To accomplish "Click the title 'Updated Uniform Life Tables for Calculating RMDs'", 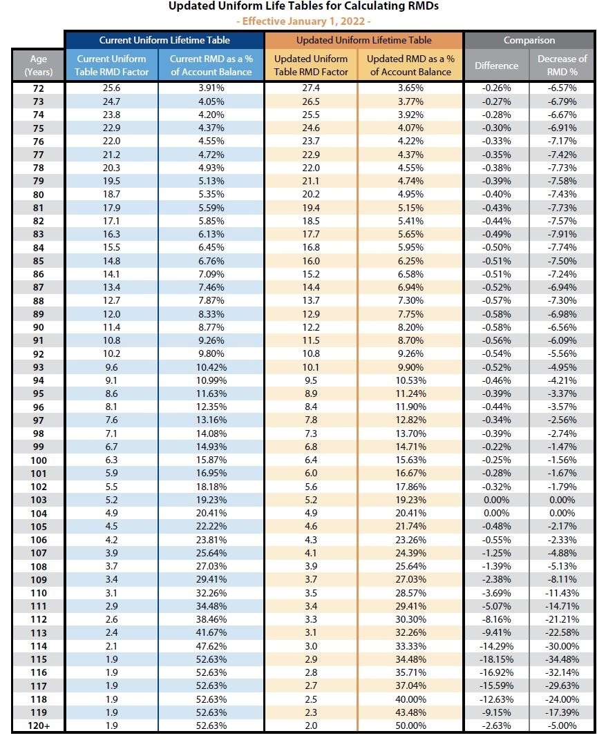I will pyautogui.click(x=303, y=6).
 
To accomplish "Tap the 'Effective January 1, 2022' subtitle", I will pyautogui.click(x=303, y=21).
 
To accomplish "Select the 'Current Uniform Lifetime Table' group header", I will pyautogui.click(x=164, y=40).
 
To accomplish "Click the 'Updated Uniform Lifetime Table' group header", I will pyautogui.click(x=363, y=40).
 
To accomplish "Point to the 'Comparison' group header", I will pyautogui.click(x=529, y=40).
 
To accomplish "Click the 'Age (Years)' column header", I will pyautogui.click(x=39, y=66).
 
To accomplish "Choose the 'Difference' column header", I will pyautogui.click(x=496, y=66).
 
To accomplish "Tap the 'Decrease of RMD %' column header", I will pyautogui.click(x=562, y=66).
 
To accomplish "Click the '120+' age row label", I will pyautogui.click(x=39, y=726).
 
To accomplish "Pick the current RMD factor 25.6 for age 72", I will pyautogui.click(x=112, y=88).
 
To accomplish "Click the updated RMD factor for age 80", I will pyautogui.click(x=311, y=195).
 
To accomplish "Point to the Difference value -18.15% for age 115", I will pyautogui.click(x=496, y=659).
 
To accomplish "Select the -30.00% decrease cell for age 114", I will pyautogui.click(x=562, y=646).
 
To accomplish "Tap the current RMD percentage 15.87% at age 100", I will pyautogui.click(x=211, y=460).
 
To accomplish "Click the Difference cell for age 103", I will pyautogui.click(x=496, y=500).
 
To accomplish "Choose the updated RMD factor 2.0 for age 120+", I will pyautogui.click(x=311, y=726).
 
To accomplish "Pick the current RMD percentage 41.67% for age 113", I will pyautogui.click(x=211, y=632).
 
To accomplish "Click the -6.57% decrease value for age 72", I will pyautogui.click(x=562, y=88).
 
